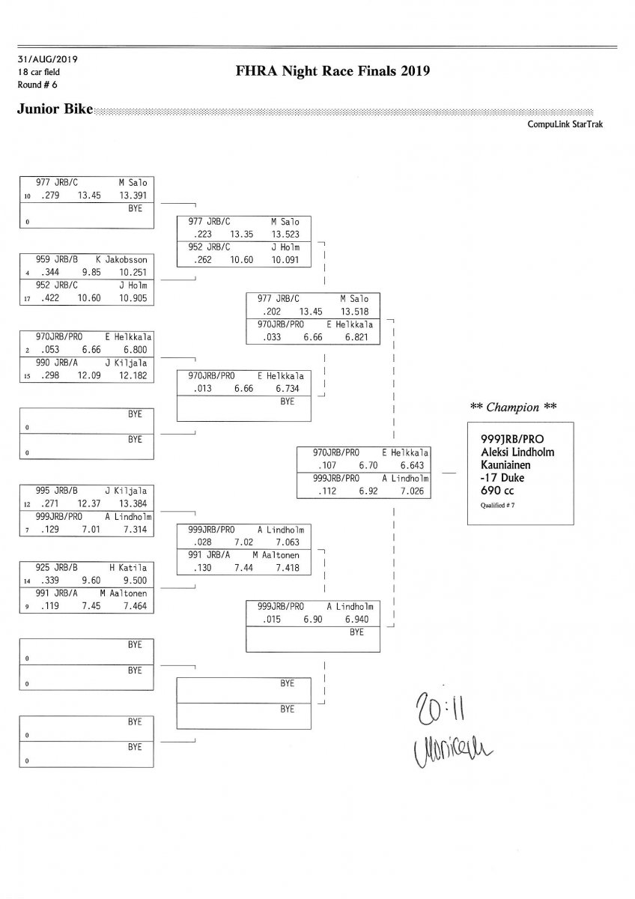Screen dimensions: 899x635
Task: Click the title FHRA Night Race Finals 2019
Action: (332, 72)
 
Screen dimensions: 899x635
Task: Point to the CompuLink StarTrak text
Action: (565, 124)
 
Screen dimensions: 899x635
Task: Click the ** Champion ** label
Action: (514, 408)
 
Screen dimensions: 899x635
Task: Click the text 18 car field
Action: (38, 72)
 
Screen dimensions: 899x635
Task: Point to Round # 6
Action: (36, 84)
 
